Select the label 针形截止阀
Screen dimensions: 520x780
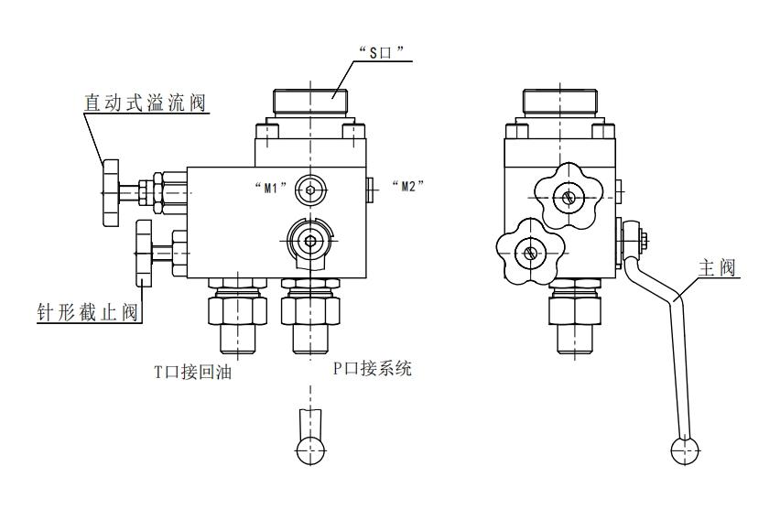[x=81, y=313]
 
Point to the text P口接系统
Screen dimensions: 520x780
[x=372, y=370]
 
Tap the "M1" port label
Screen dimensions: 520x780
[x=270, y=188]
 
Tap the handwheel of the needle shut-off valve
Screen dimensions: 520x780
[x=142, y=251]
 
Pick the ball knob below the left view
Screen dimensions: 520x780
[x=311, y=448]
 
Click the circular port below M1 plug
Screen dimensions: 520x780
[x=311, y=241]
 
